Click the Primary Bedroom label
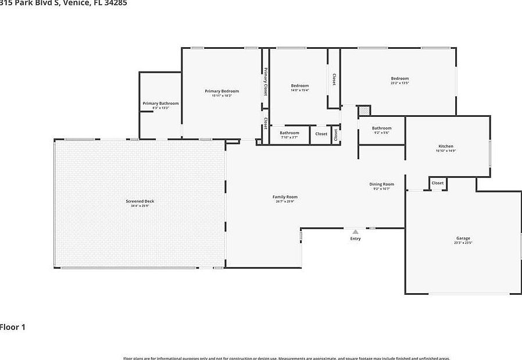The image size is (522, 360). pos(221,91)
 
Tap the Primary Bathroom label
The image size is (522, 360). pos(160,104)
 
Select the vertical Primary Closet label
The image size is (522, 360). pos(266,82)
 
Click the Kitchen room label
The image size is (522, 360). pos(446,146)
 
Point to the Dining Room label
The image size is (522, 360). pos(381,184)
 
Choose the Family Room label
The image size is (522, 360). pos(285,197)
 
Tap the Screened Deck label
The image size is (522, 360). pos(140,201)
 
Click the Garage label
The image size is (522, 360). pos(463,238)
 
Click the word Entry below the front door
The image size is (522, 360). pos(355,238)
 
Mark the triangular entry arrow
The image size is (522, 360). pos(355,231)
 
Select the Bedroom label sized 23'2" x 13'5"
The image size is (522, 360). pos(399,79)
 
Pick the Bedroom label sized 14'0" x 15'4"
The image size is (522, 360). pos(299,86)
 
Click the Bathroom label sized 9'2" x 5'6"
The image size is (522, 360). pos(381,128)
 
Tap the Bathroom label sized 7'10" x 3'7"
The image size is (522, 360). pos(289,133)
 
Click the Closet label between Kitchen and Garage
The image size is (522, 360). pos(438,183)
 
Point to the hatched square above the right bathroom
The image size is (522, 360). pos(364,111)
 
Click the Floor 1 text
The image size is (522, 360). pos(13,327)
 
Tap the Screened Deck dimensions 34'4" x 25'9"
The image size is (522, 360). pos(140,206)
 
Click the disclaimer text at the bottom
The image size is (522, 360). pos(286,358)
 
